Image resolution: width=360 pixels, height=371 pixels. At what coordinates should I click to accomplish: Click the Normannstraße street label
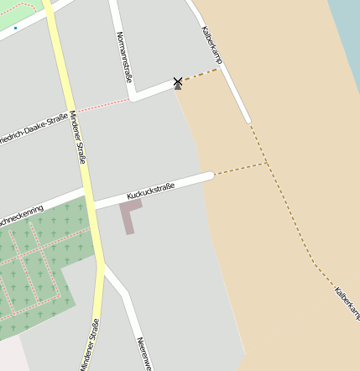coord(125,57)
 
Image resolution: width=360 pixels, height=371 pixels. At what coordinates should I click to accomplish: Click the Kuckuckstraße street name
coord(150,191)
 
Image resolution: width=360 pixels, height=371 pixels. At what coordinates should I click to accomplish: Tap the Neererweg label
coord(143,353)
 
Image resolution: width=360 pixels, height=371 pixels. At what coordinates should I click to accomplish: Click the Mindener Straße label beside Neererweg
coord(90,344)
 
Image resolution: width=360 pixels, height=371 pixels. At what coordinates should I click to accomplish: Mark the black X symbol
coord(177,81)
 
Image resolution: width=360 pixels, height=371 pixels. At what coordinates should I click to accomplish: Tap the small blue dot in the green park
coord(15,28)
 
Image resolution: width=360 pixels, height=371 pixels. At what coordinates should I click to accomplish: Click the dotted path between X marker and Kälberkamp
coord(200,75)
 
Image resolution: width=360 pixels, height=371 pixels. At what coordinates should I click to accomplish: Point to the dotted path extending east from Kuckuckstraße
coord(240,169)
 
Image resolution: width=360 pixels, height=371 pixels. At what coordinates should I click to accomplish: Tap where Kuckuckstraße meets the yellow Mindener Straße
coord(91,206)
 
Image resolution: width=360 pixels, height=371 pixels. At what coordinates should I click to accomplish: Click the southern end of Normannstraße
coord(133,97)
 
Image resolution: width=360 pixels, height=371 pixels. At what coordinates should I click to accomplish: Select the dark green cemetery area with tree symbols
coord(34,269)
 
